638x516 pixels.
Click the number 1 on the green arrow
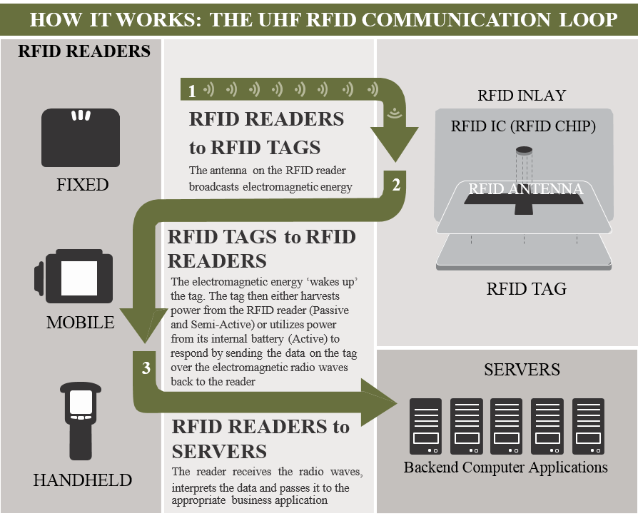pyautogui.click(x=191, y=91)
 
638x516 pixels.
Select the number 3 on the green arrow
pyautogui.click(x=146, y=368)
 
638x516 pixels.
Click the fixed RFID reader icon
pyautogui.click(x=80, y=137)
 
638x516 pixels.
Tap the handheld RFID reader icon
pyautogui.click(x=81, y=421)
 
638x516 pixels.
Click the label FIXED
pyautogui.click(x=82, y=185)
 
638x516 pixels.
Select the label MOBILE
pyautogui.click(x=80, y=323)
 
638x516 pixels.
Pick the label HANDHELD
pyautogui.click(x=82, y=480)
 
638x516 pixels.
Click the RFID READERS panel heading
pyautogui.click(x=84, y=51)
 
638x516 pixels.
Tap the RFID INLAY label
pyautogui.click(x=522, y=96)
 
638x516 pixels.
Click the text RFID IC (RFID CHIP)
pyautogui.click(x=523, y=126)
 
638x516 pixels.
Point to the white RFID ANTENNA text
pyautogui.click(x=525, y=188)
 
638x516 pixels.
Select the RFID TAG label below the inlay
pyautogui.click(x=526, y=289)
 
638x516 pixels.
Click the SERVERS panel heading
pyautogui.click(x=522, y=369)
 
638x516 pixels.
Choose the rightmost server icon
pyautogui.click(x=588, y=426)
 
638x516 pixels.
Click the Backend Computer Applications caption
pyautogui.click(x=505, y=467)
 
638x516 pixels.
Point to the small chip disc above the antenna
pyautogui.click(x=525, y=150)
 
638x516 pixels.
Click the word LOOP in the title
pyautogui.click(x=587, y=19)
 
